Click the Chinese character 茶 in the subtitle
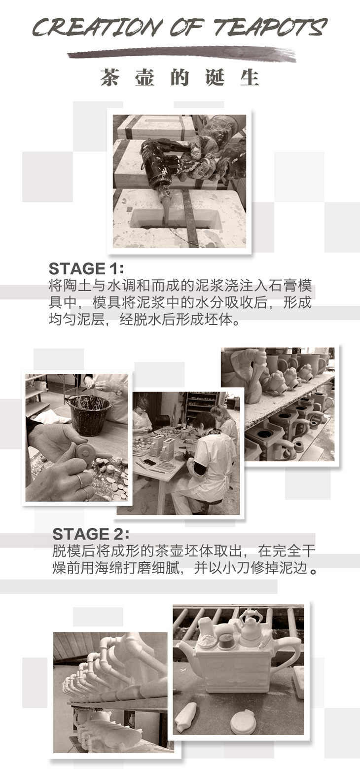[110, 77]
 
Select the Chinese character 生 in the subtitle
[250, 77]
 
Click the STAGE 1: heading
[86, 268]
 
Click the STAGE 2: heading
[91, 534]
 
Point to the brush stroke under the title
[181, 55]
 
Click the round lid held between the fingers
[84, 452]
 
